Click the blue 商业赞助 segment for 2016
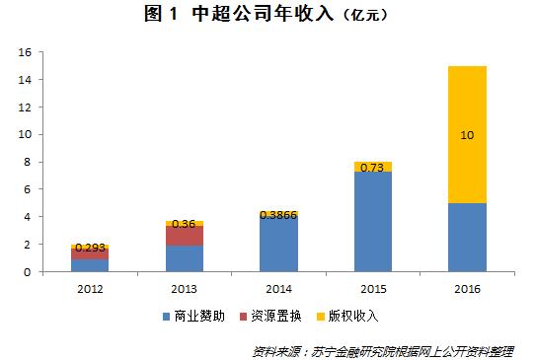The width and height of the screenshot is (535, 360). [x=467, y=237]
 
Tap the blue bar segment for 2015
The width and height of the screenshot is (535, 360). [x=373, y=221]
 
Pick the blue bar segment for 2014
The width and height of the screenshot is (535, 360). [x=279, y=245]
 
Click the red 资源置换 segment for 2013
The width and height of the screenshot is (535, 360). [x=185, y=236]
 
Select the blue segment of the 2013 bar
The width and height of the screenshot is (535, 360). [x=185, y=258]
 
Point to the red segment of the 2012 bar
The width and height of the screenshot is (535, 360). [x=90, y=253]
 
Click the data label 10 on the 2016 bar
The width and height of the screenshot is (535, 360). [x=467, y=134]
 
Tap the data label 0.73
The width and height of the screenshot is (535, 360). [x=373, y=168]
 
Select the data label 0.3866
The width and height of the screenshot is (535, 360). [x=279, y=213]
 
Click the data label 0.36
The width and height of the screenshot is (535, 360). [x=185, y=224]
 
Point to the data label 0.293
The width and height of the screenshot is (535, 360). [x=90, y=247]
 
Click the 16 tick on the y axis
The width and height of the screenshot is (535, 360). [x=27, y=51]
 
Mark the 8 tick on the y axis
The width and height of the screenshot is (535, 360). [x=30, y=162]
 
